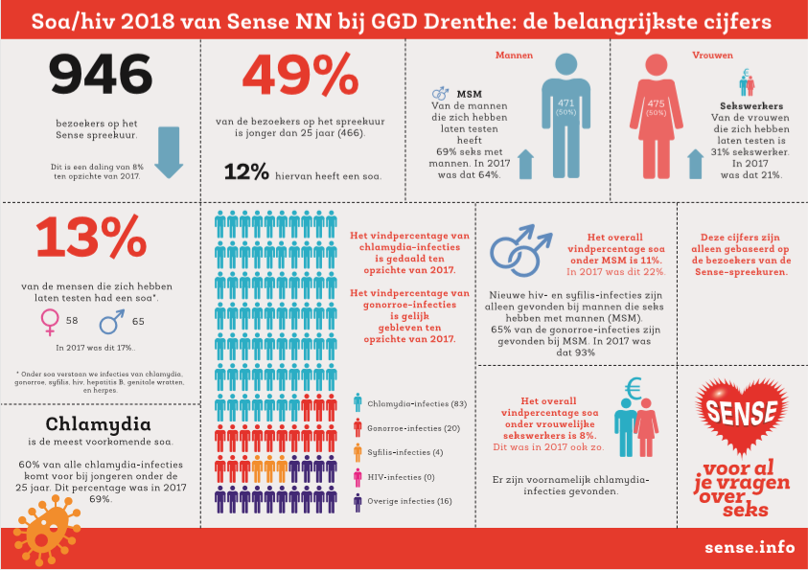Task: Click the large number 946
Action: [100, 78]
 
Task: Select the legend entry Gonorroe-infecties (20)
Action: [406, 427]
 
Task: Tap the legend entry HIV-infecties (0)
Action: [399, 475]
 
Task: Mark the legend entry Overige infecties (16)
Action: [404, 500]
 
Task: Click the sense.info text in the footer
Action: [749, 548]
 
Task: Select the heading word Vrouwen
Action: [712, 55]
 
